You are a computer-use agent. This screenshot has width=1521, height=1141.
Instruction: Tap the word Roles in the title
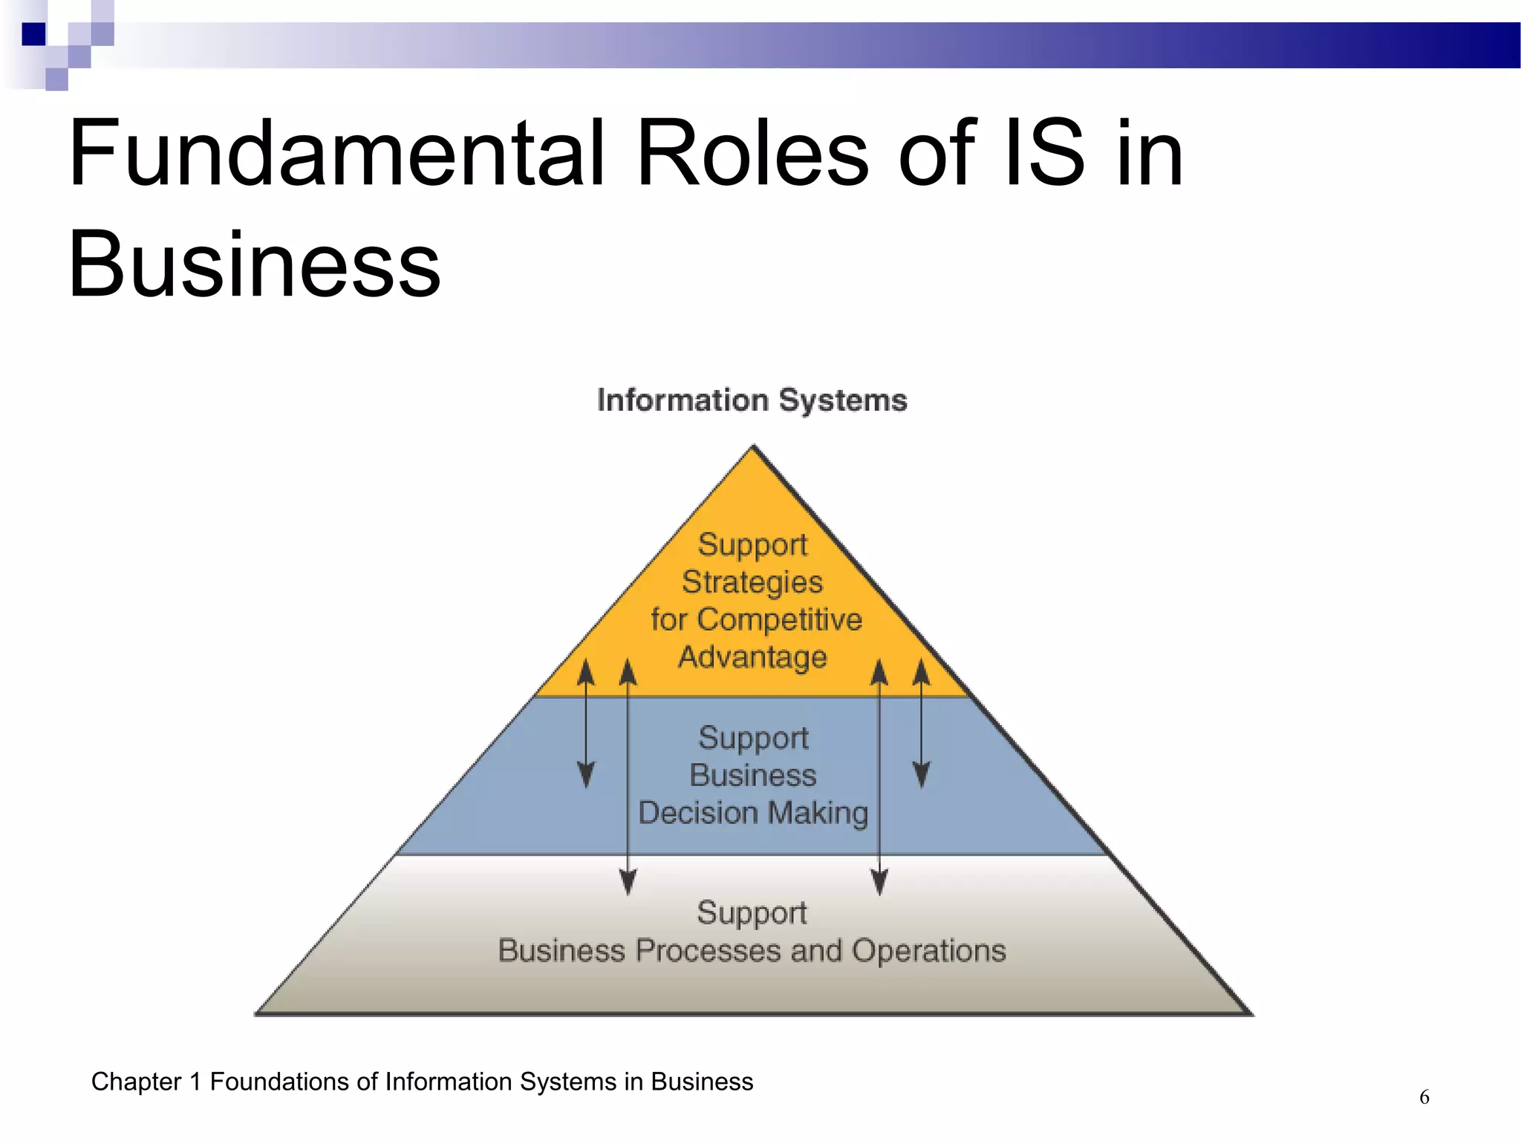click(752, 154)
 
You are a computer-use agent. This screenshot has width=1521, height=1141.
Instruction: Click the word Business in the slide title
click(254, 265)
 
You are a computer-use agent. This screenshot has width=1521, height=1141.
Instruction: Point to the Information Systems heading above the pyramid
click(752, 400)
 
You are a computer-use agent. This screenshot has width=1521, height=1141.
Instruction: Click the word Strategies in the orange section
click(752, 582)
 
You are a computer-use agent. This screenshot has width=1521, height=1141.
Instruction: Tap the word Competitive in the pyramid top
click(780, 620)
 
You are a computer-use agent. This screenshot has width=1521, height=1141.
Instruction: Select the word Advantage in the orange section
click(752, 657)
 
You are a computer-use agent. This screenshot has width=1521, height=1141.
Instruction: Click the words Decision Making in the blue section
click(753, 813)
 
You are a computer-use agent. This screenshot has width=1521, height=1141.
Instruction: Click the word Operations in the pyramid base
click(928, 951)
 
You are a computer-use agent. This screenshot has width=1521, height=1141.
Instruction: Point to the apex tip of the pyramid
click(753, 447)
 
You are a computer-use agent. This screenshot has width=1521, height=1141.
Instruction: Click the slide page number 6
click(1424, 1097)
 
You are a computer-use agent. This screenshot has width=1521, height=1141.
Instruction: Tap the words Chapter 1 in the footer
click(146, 1082)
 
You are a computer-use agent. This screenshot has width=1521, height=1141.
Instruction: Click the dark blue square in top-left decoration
click(33, 34)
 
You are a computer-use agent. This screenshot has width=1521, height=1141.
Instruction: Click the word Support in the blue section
click(753, 738)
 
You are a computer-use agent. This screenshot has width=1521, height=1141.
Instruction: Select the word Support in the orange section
click(752, 545)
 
